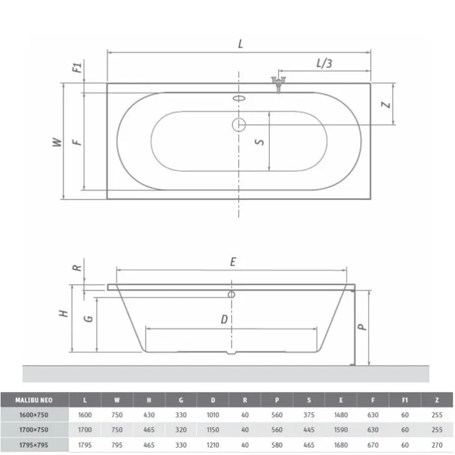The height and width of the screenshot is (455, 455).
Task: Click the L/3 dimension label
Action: [324, 63]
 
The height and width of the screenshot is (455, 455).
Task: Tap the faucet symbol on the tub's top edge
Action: [279, 84]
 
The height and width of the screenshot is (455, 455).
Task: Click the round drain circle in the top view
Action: [239, 125]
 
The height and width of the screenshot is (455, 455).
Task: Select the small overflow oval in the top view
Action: [239, 98]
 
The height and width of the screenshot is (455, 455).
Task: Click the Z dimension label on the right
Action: [386, 105]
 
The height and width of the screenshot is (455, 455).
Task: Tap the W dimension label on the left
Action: [57, 142]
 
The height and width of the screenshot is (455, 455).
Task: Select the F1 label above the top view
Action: [77, 68]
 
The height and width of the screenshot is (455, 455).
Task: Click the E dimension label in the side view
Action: [233, 262]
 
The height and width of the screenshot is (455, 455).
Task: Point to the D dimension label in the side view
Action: [224, 319]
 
